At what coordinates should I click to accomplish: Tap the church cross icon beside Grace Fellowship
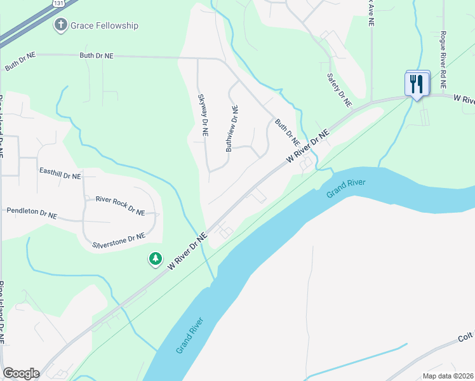(x=60, y=25)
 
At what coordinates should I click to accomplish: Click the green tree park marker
(x=155, y=258)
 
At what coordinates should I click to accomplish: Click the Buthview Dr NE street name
(x=232, y=128)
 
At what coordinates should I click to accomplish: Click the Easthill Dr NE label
(x=60, y=173)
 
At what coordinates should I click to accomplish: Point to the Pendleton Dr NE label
(x=31, y=213)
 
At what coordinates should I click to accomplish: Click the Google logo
(x=21, y=373)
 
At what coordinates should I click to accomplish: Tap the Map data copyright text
(x=448, y=376)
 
